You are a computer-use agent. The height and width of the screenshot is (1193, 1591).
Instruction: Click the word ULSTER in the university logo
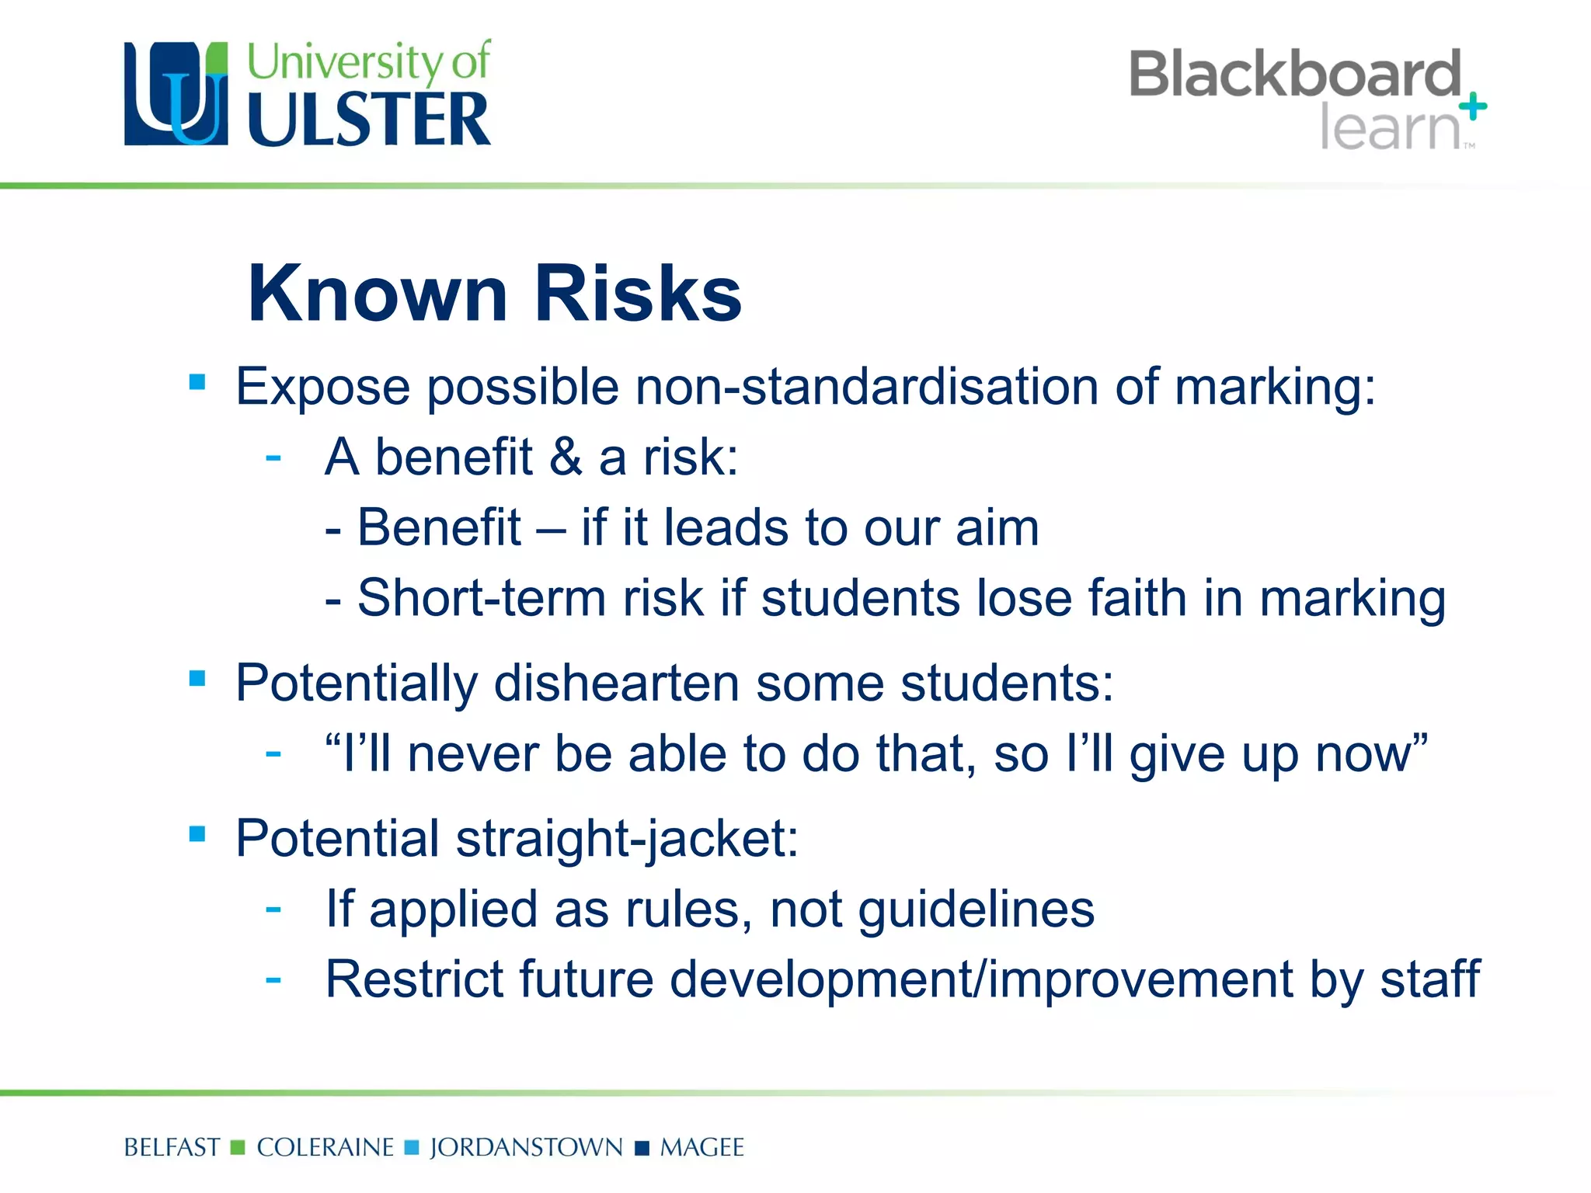[x=369, y=120]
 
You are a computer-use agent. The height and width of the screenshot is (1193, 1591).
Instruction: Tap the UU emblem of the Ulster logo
[x=176, y=93]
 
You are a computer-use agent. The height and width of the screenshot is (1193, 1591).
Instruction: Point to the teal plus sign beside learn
[x=1472, y=107]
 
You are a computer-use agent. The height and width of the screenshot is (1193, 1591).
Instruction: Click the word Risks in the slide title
[x=638, y=293]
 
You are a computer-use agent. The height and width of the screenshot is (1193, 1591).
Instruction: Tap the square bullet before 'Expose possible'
[x=197, y=382]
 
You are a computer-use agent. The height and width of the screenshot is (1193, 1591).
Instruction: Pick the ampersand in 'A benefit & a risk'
[x=566, y=457]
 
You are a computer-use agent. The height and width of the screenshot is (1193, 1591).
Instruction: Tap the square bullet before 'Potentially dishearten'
[x=197, y=679]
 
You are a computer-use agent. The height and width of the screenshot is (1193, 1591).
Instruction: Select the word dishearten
[x=617, y=683]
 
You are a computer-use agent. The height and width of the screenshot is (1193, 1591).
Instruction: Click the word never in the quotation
[x=472, y=754]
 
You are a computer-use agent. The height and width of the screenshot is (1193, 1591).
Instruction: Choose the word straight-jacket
[x=627, y=840]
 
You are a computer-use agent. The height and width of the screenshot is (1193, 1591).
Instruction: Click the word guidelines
[x=977, y=910]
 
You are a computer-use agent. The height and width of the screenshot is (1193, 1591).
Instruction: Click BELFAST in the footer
[x=172, y=1147]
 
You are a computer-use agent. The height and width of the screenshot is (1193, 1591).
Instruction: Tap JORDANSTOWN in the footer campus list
[x=526, y=1147]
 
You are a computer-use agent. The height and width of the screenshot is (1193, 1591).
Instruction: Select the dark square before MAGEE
[x=642, y=1148]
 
